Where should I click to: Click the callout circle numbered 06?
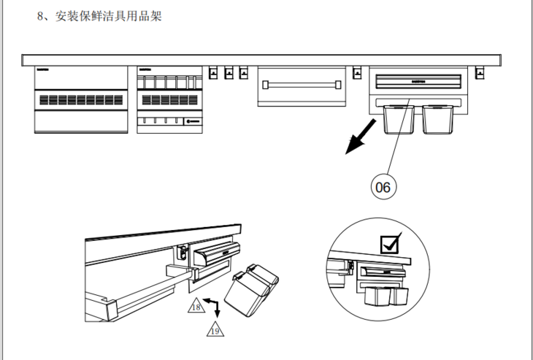[x=383, y=187]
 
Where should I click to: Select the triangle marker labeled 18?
[x=196, y=307]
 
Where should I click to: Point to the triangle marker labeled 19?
[x=217, y=330]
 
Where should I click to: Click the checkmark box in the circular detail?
[x=391, y=244]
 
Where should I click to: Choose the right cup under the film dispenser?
[x=437, y=120]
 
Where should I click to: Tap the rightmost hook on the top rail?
[x=480, y=72]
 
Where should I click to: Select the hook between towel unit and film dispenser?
[x=357, y=72]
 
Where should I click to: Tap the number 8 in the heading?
[x=40, y=16]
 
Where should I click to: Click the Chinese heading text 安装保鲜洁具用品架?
[x=108, y=16]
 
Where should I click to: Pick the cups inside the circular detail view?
[x=384, y=296]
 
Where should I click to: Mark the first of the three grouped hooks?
[x=214, y=72]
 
